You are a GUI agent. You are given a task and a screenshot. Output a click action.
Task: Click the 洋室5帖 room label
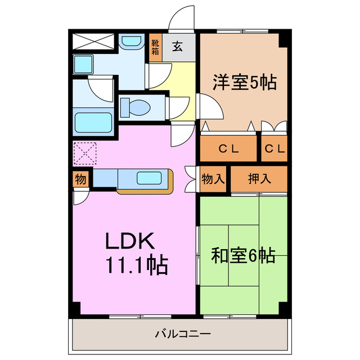click(244, 83)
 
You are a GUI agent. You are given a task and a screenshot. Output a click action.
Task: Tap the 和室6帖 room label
click(243, 256)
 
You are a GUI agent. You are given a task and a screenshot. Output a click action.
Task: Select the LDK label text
click(130, 241)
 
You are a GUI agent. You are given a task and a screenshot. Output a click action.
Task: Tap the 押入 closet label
click(259, 179)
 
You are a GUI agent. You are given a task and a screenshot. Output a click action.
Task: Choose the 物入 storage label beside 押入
click(213, 179)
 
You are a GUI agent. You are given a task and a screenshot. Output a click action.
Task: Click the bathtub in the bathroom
click(93, 122)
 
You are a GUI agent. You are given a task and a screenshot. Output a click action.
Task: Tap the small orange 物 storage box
click(80, 179)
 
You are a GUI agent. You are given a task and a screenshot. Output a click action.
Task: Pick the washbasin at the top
click(132, 41)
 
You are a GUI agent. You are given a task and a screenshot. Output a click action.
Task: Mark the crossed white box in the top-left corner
click(93, 41)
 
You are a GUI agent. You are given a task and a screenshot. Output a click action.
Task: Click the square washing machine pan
click(85, 64)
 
